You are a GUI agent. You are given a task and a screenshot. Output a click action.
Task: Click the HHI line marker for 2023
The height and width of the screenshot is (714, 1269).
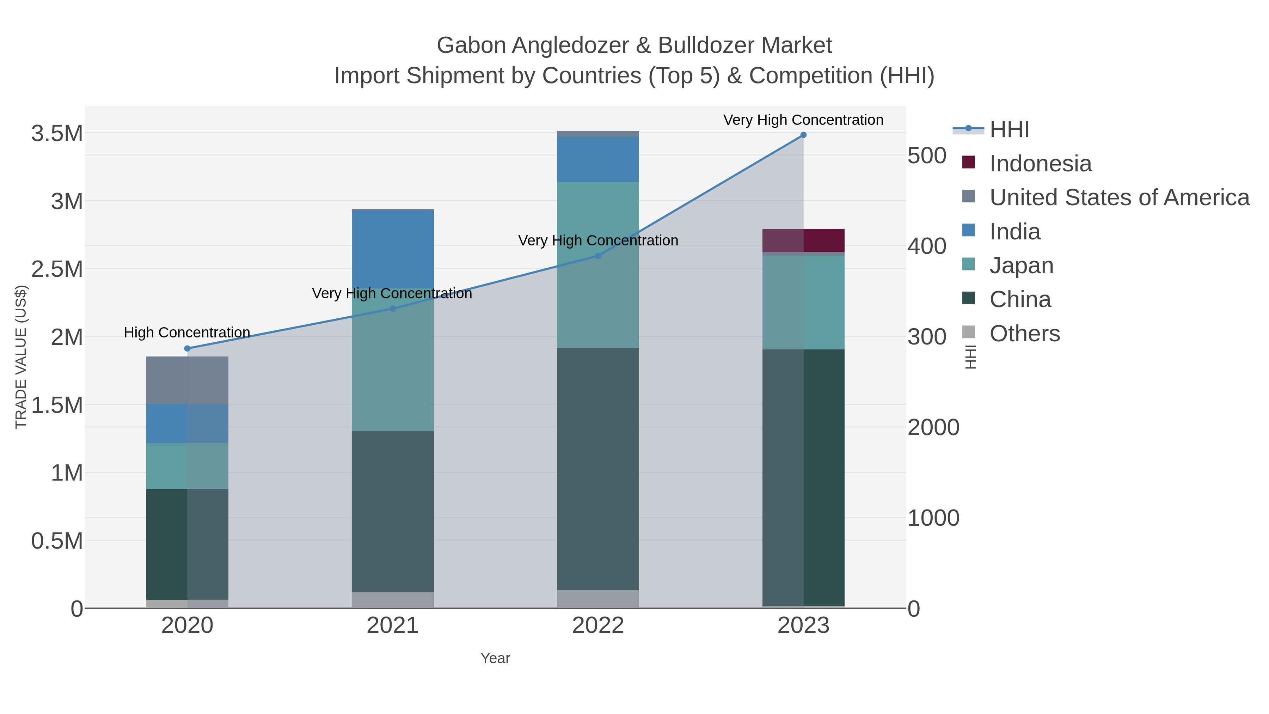(x=803, y=135)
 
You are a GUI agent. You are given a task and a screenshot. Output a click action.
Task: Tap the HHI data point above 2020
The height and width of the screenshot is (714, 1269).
(x=187, y=348)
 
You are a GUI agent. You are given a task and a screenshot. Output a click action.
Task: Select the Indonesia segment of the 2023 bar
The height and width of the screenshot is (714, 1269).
(x=803, y=240)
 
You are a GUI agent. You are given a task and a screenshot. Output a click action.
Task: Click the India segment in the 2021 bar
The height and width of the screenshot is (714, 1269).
(x=393, y=249)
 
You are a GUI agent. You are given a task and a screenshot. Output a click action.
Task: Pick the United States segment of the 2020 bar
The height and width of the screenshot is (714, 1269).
(x=187, y=380)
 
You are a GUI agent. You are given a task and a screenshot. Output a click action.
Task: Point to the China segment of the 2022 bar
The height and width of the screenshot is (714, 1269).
(x=597, y=468)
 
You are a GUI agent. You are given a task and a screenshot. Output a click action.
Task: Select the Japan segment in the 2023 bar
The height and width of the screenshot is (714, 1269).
(x=803, y=302)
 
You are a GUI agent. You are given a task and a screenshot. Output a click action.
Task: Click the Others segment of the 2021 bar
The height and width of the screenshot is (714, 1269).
(x=393, y=600)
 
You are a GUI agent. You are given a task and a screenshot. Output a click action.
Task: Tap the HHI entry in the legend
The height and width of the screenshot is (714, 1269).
(x=1009, y=130)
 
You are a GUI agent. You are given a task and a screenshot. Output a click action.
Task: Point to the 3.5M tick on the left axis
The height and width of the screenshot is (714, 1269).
(x=57, y=134)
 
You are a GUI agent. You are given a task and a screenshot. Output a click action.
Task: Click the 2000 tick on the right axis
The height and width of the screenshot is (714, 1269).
(x=933, y=427)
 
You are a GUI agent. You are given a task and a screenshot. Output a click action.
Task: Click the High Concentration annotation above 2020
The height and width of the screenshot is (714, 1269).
(x=187, y=332)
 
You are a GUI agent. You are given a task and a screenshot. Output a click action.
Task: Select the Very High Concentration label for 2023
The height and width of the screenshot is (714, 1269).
(x=803, y=120)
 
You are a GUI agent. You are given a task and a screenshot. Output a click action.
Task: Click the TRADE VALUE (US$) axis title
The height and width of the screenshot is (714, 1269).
(x=21, y=357)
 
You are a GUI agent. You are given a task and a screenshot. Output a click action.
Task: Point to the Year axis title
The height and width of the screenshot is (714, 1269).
(x=495, y=658)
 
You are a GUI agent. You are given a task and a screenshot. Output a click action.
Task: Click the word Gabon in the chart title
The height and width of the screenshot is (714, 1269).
(x=471, y=45)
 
